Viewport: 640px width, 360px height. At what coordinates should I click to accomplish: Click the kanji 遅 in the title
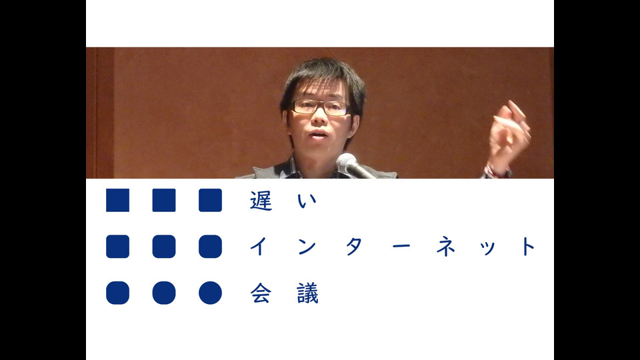click(x=261, y=201)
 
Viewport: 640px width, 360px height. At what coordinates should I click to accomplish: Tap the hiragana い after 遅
click(x=307, y=201)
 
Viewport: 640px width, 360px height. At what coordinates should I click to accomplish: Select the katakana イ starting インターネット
click(x=259, y=246)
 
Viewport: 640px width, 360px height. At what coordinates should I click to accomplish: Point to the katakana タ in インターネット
click(x=354, y=247)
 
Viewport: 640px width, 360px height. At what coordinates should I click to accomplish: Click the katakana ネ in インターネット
click(x=446, y=247)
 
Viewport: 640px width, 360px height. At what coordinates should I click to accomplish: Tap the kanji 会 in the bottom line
click(x=261, y=293)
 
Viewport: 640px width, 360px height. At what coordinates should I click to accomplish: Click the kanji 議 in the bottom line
click(x=307, y=293)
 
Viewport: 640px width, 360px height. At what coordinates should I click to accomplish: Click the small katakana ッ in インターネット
click(x=488, y=248)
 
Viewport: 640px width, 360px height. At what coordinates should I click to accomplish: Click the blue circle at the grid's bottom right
click(x=210, y=293)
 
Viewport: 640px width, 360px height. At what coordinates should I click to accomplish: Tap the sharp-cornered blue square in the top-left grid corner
click(x=117, y=200)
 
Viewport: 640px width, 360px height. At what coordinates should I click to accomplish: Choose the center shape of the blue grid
click(x=164, y=247)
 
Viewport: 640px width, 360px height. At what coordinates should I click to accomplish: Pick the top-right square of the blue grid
click(x=210, y=200)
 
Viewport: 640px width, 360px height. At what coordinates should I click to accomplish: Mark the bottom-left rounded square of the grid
click(x=117, y=293)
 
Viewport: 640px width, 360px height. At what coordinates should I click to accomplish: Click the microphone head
click(x=346, y=161)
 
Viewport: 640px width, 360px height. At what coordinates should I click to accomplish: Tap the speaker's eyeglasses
click(x=321, y=107)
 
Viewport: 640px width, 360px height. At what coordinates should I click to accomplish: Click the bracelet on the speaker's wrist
click(x=495, y=171)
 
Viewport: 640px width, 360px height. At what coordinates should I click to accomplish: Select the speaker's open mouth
click(x=319, y=135)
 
